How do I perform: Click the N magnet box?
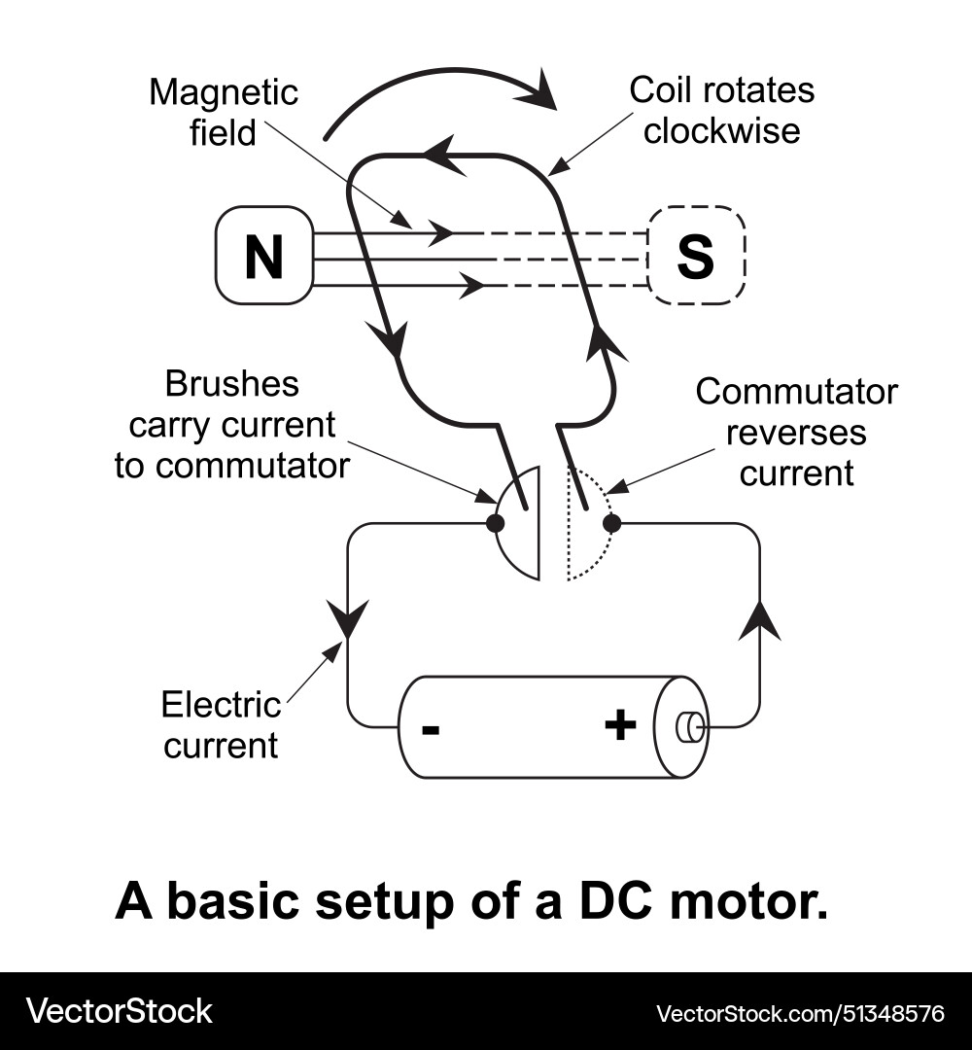click(x=263, y=256)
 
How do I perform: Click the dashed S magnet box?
click(x=696, y=256)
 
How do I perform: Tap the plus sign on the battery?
click(x=620, y=725)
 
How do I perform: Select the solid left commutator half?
click(x=520, y=525)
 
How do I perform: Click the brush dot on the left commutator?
click(x=495, y=523)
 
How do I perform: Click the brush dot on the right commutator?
click(x=611, y=523)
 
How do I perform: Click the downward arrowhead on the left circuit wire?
click(x=348, y=618)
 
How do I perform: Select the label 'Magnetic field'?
click(x=224, y=113)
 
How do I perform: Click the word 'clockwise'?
click(x=721, y=130)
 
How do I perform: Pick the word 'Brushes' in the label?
click(x=231, y=384)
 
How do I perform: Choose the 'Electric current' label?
click(x=221, y=725)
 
